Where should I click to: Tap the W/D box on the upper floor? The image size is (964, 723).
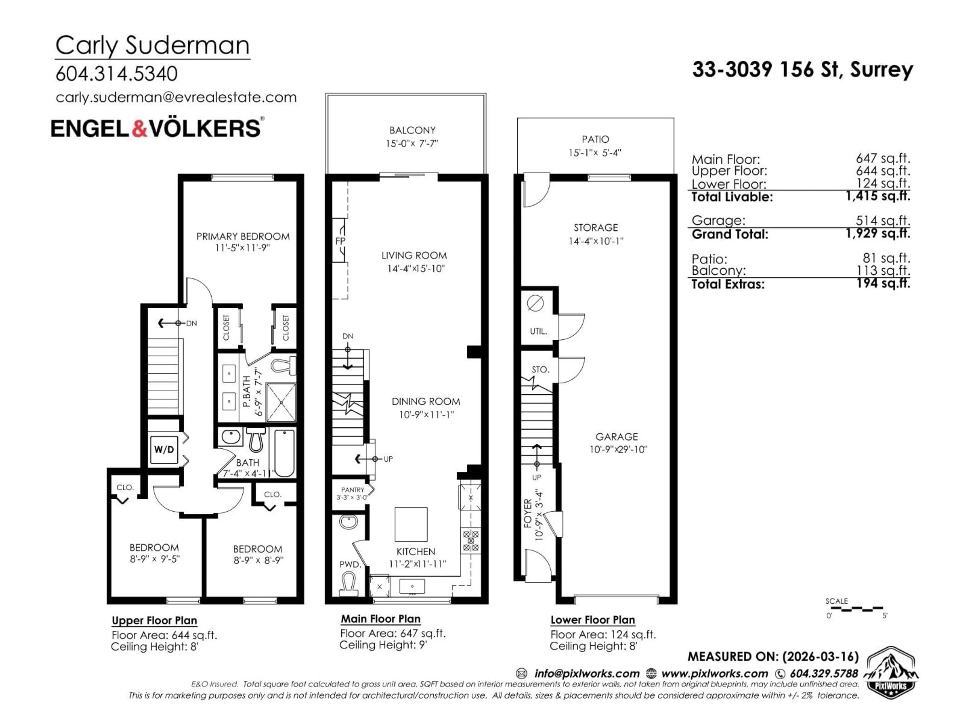click(x=164, y=449)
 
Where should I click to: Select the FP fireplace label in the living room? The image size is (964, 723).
click(x=340, y=241)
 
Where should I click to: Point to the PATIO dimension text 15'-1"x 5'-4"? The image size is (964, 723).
click(x=595, y=153)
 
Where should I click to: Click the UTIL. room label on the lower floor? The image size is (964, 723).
click(x=538, y=331)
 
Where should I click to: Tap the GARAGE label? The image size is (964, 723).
click(x=616, y=437)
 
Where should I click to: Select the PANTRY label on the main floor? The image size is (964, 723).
click(x=352, y=490)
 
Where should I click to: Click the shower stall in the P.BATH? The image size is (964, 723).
click(x=281, y=402)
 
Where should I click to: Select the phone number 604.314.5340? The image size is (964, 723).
click(x=116, y=74)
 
